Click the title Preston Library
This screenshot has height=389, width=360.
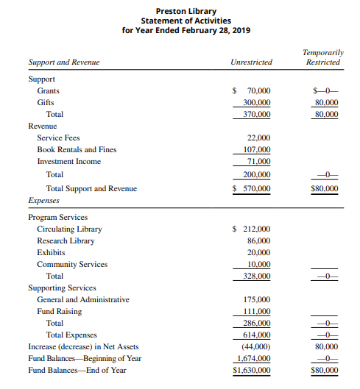coord(180,11)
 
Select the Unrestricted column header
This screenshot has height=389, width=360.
coord(251,63)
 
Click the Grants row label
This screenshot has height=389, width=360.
coord(49,90)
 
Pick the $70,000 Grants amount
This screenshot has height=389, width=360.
coord(252,90)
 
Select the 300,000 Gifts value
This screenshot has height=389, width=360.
coord(257,103)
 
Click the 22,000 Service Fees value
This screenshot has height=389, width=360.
coord(260,138)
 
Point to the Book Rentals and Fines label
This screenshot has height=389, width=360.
coord(77,149)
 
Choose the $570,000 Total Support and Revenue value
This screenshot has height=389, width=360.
coord(252,188)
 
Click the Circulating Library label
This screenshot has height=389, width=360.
coord(69,229)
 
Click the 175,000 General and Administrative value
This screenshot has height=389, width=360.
coord(257,299)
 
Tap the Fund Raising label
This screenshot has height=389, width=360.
coord(59,311)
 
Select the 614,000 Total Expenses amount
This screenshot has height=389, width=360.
coord(257,335)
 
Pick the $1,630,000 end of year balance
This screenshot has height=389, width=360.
coord(251,370)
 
